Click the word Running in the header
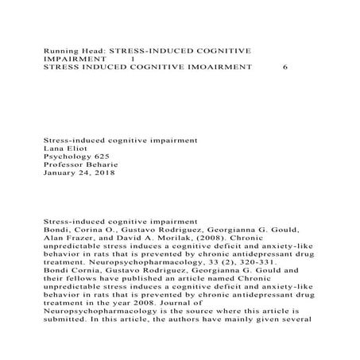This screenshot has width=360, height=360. (60, 50)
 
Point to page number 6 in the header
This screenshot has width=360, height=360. (285, 68)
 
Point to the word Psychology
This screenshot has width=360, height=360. (66, 157)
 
